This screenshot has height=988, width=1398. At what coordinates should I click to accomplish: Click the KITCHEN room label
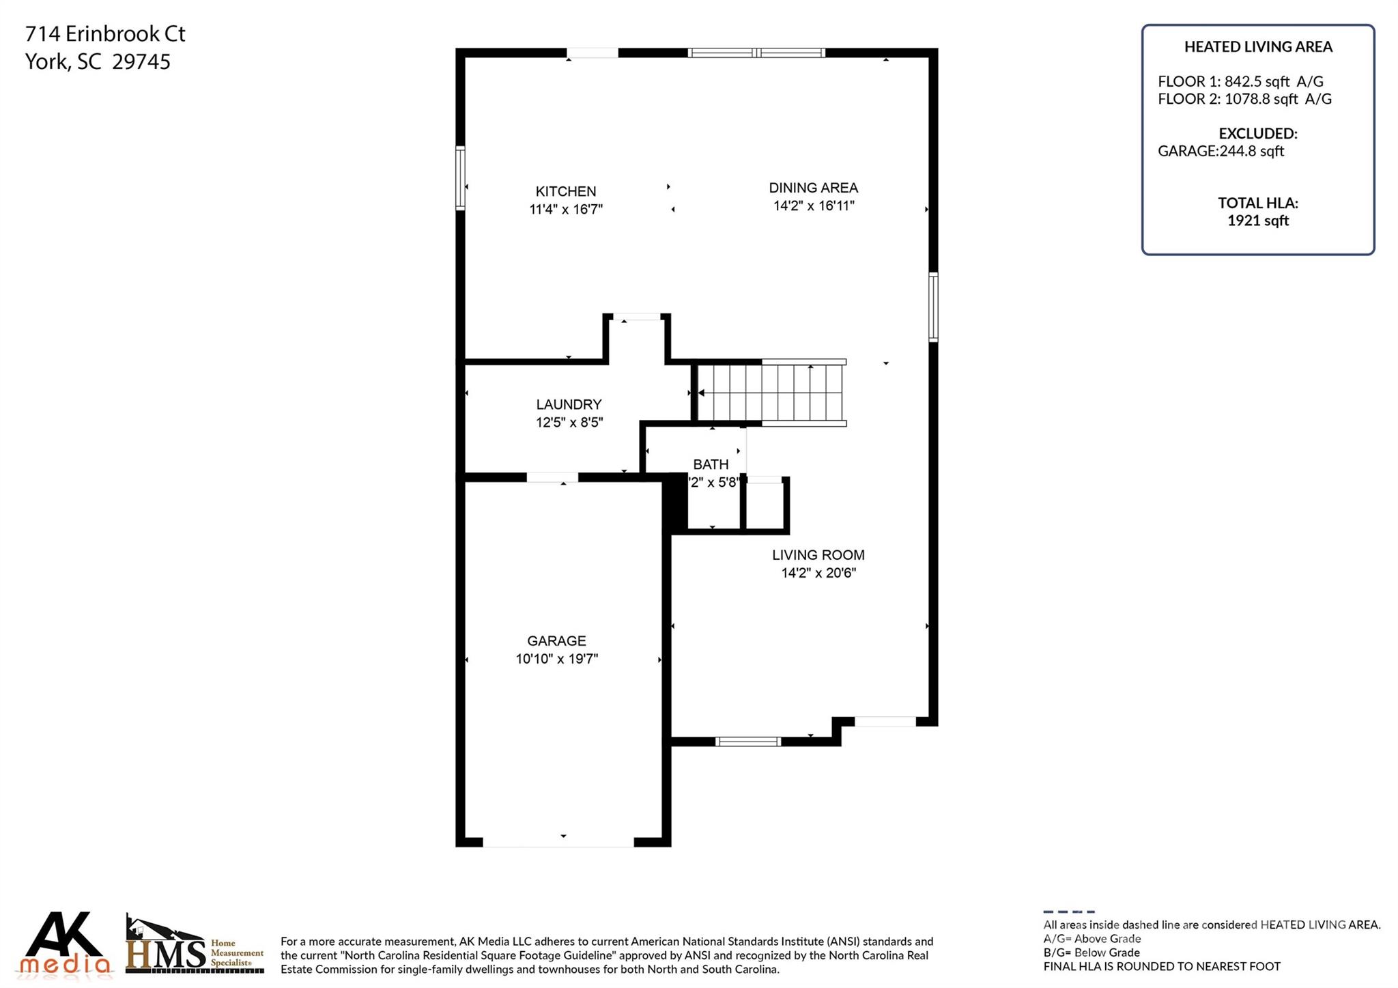[x=565, y=191]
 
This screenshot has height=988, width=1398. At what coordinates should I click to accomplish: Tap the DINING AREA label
[x=813, y=188]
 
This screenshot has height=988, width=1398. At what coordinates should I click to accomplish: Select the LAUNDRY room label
[x=569, y=404]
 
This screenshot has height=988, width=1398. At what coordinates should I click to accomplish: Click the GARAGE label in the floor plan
[x=556, y=640]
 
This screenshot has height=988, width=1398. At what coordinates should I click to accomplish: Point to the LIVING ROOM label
[x=818, y=555]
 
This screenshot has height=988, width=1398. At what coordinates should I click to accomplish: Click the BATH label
[x=711, y=464]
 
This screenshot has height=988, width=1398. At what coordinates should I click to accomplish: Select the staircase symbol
[x=770, y=393]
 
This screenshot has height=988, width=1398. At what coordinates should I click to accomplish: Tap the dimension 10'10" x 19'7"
[x=556, y=659]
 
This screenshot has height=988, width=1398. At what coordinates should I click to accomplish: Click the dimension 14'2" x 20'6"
[x=818, y=573]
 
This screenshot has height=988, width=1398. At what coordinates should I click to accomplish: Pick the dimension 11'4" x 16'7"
[x=566, y=210]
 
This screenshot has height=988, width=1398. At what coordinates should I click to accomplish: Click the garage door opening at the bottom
[x=558, y=843]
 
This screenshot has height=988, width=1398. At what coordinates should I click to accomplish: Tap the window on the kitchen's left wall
[x=461, y=178]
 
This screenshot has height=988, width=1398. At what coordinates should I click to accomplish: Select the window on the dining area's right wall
[x=933, y=307]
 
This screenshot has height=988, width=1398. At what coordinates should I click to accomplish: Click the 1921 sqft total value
[x=1257, y=221]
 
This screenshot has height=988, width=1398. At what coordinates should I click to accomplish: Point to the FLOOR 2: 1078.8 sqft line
[x=1244, y=99]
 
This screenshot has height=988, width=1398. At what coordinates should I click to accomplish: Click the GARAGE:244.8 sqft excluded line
[x=1221, y=151]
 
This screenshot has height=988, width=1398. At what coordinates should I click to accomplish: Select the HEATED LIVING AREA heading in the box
[x=1257, y=46]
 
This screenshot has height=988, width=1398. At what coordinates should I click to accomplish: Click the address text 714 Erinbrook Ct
[x=105, y=33]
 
